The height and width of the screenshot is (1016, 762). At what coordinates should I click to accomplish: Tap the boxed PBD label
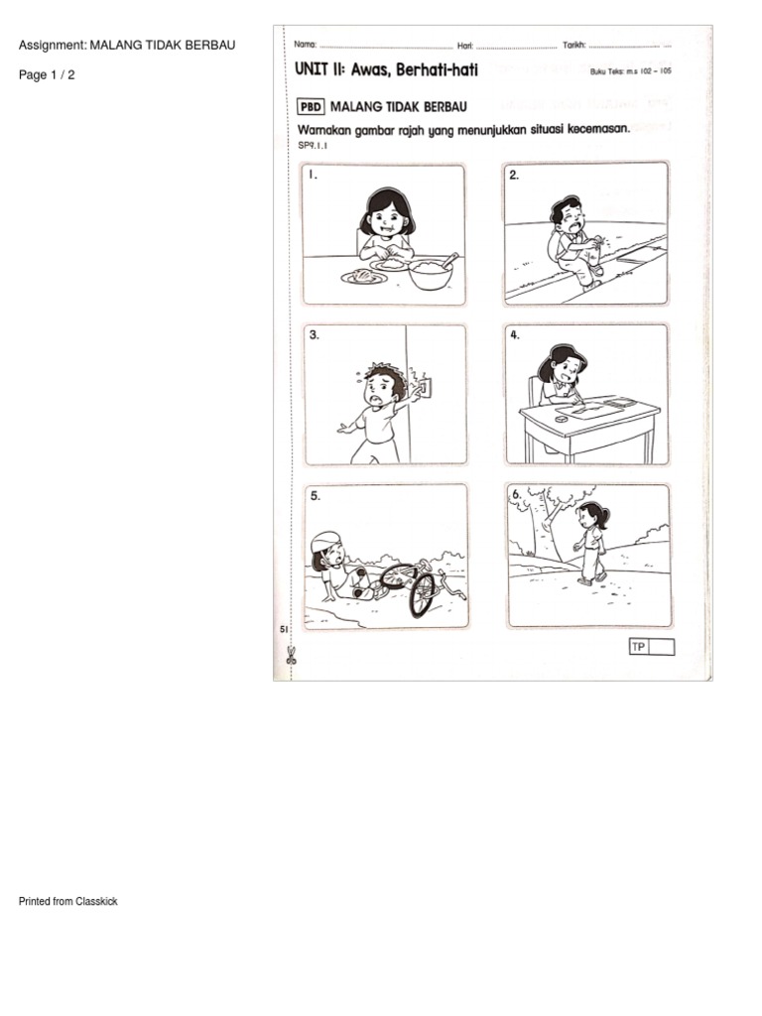pos(311,106)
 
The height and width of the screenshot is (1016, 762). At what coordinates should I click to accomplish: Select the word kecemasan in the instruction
pos(598,129)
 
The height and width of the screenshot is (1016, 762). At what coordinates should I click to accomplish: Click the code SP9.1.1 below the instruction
pos(313,145)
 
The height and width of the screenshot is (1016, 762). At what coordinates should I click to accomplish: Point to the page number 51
pos(283,629)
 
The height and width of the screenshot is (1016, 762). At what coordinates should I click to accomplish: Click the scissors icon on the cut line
pos(291,655)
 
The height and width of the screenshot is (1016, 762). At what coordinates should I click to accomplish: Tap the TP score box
pos(652,647)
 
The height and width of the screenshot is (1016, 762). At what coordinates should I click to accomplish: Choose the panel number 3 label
pos(315,335)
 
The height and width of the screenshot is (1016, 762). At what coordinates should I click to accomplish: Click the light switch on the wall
pos(425,388)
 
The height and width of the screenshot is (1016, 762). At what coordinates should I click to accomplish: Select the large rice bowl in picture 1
pos(431,274)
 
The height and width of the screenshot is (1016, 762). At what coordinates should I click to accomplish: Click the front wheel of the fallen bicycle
pos(422,594)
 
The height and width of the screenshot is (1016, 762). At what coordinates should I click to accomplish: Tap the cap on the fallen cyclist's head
pos(324,541)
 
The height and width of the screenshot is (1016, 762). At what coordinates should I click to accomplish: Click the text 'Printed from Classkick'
pos(68,901)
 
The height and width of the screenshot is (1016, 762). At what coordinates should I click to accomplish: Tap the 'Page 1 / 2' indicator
pos(47,74)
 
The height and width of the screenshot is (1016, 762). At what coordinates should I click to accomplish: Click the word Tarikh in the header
pos(574,45)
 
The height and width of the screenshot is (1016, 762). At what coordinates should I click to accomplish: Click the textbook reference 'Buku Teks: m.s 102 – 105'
pos(630,71)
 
